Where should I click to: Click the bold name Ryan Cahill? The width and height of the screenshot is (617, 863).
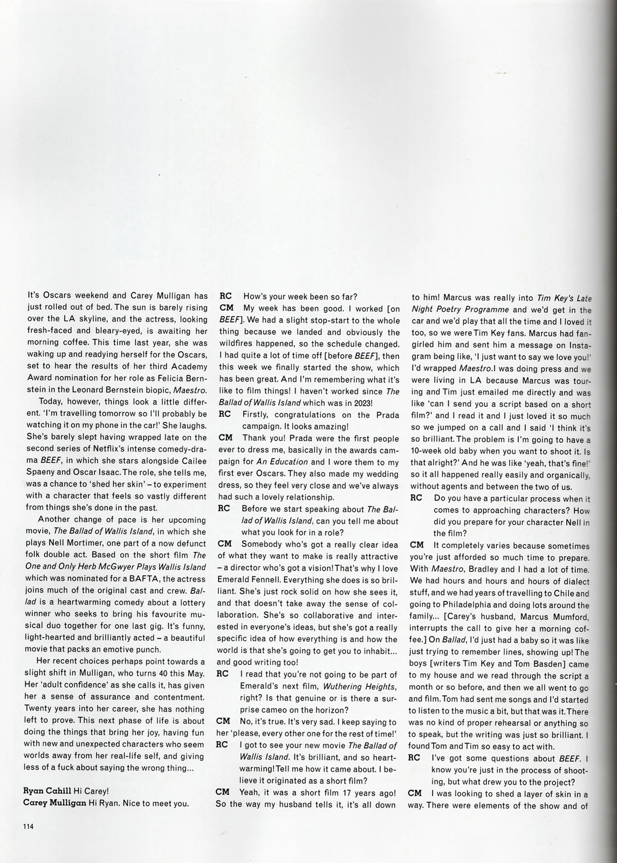[46, 791]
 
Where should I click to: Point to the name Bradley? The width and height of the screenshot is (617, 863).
[488, 569]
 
